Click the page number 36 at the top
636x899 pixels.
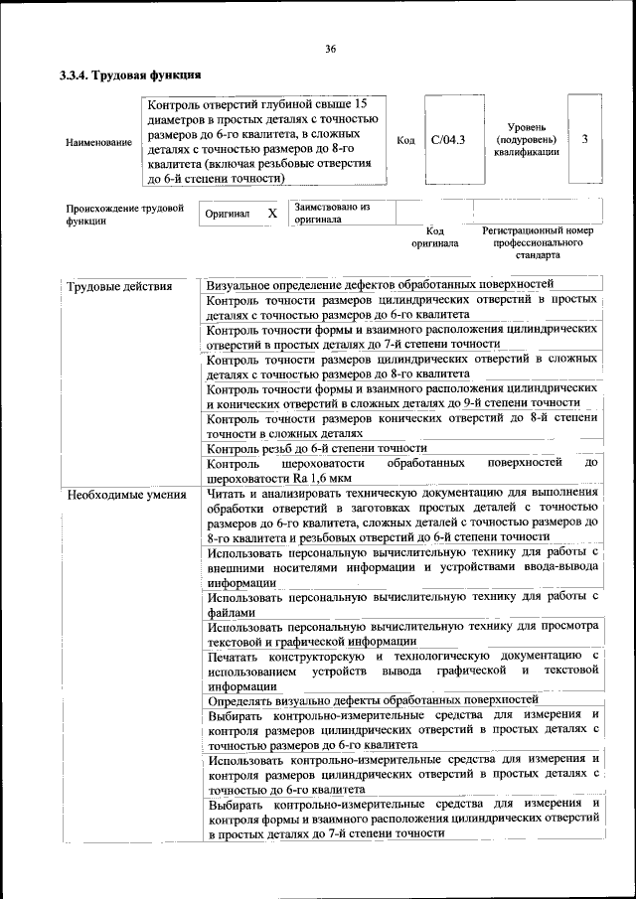pos(330,49)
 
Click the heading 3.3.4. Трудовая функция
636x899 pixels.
pos(130,75)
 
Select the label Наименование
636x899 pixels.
pos(98,142)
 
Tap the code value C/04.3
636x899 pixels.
pos(448,140)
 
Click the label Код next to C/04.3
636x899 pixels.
pos(405,140)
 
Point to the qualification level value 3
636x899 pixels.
pos(585,139)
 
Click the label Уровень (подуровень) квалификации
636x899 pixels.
pos(526,140)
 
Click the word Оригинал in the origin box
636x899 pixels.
pos(227,214)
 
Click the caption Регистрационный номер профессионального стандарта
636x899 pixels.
pos(537,241)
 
